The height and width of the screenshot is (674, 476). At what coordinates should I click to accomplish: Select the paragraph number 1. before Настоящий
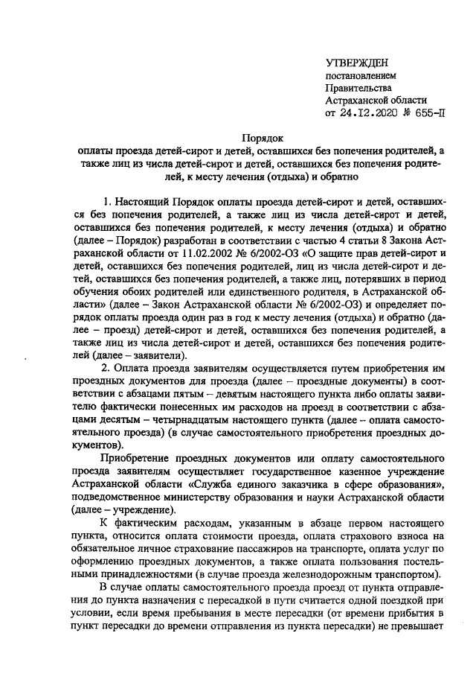pos(109,202)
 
